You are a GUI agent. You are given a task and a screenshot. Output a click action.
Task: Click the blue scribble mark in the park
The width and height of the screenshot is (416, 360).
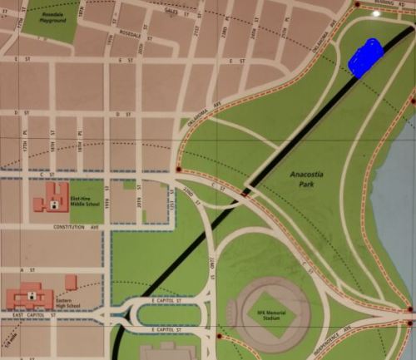365,57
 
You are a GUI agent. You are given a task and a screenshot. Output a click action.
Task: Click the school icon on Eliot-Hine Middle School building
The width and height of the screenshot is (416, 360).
56,200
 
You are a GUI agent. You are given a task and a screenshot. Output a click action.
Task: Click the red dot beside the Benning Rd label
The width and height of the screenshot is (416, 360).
357,5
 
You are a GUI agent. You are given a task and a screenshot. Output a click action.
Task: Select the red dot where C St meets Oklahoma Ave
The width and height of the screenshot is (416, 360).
179,170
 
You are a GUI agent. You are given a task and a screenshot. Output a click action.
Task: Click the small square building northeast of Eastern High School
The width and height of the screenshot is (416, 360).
71,282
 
